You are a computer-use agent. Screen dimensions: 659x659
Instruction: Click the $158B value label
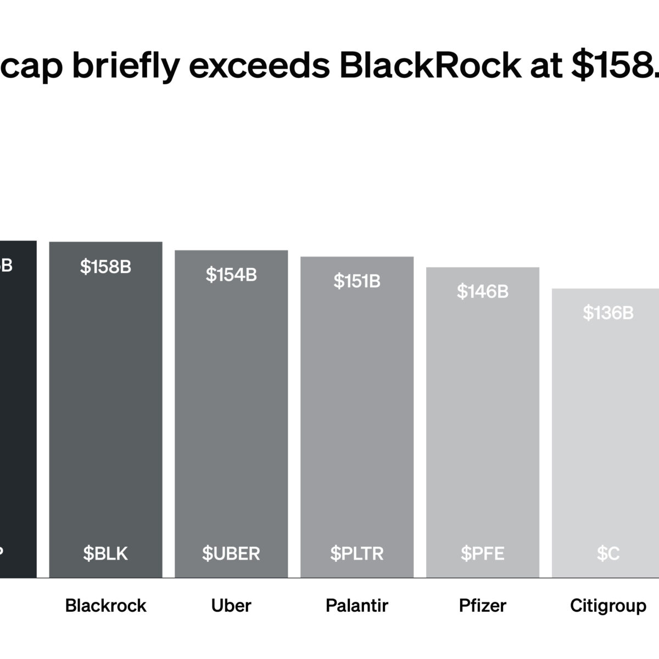pyautogui.click(x=105, y=267)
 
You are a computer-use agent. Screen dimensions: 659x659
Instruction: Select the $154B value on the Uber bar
pyautogui.click(x=231, y=275)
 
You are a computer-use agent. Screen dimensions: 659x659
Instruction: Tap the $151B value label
pyautogui.click(x=357, y=281)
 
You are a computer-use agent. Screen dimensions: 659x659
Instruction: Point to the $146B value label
pyautogui.click(x=482, y=292)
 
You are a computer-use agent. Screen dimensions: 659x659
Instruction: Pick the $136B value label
pyautogui.click(x=608, y=313)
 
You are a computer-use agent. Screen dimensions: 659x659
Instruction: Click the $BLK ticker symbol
pyautogui.click(x=105, y=554)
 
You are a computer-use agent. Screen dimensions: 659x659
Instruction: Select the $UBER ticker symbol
pyautogui.click(x=231, y=554)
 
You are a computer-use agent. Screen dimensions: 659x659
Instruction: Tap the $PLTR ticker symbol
pyautogui.click(x=357, y=554)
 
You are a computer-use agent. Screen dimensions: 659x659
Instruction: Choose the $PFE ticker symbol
pyautogui.click(x=482, y=554)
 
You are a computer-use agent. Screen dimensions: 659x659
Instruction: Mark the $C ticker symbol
pyautogui.click(x=608, y=554)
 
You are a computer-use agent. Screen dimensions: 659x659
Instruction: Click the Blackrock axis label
pyautogui.click(x=105, y=606)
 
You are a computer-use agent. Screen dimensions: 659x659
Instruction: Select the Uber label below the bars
pyautogui.click(x=231, y=606)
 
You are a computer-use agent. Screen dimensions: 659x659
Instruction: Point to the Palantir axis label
pyautogui.click(x=357, y=606)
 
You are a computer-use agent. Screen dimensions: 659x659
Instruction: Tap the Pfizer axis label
pyautogui.click(x=482, y=606)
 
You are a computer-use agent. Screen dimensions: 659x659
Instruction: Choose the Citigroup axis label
pyautogui.click(x=608, y=606)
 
